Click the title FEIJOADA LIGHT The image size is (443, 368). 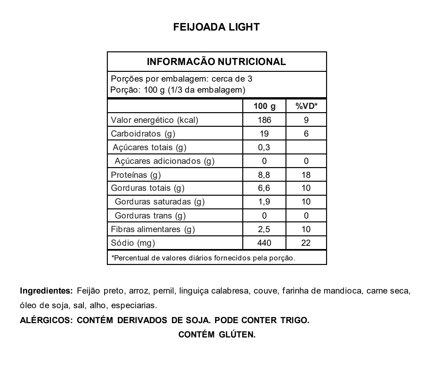pos(217,27)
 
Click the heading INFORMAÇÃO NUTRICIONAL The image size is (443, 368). pos(217,61)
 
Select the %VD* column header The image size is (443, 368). pos(306,106)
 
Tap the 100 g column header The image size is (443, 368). pos(264,106)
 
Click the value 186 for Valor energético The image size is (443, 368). pos(264,120)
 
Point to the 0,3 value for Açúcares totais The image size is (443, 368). pos(264,147)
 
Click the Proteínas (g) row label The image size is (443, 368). pos(136,175)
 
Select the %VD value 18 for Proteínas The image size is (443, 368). pos(306,175)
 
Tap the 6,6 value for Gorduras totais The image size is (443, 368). pos(264,188)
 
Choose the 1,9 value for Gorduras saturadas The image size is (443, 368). pos(264,202)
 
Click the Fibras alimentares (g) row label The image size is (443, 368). pos(153,229)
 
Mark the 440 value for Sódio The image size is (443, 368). pos(264,243)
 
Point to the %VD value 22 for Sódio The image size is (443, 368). pos(306,243)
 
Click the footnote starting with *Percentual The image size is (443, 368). pos(203,258)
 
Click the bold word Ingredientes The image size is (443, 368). pos(47,291)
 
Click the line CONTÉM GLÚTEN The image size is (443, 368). pos(217,335)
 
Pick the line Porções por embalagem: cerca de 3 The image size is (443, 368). pos(182,79)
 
